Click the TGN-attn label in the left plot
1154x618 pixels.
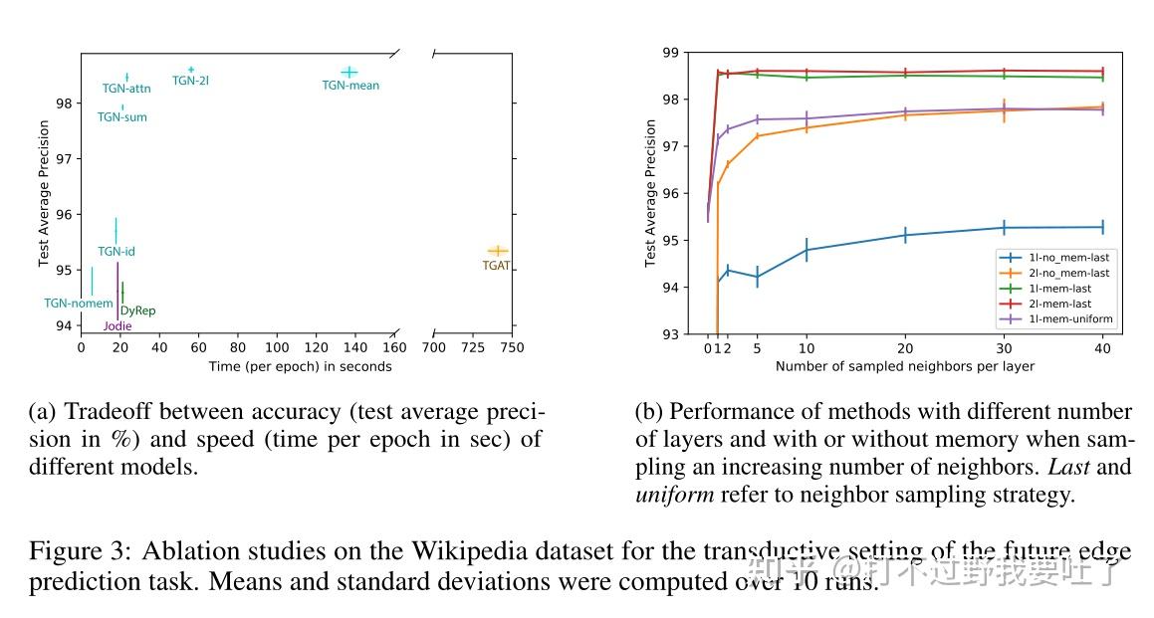(x=126, y=89)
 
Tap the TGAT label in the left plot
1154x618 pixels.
(x=496, y=266)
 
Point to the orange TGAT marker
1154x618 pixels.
(x=497, y=251)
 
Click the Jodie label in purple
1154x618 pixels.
(x=117, y=326)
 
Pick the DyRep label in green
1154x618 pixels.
(x=137, y=311)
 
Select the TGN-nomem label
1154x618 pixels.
(x=79, y=304)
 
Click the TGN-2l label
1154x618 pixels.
(x=190, y=81)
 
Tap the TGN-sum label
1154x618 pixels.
(x=121, y=117)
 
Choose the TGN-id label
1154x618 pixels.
(x=116, y=252)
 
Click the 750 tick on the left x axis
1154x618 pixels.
(x=512, y=348)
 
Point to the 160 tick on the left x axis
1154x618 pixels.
(x=393, y=348)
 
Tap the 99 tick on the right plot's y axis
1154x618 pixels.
(x=670, y=52)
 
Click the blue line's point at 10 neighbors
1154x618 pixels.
(x=807, y=249)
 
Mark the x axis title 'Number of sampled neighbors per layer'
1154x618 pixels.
(x=905, y=366)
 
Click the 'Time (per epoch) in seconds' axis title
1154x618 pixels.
(x=300, y=366)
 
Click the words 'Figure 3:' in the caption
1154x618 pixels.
(x=78, y=552)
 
